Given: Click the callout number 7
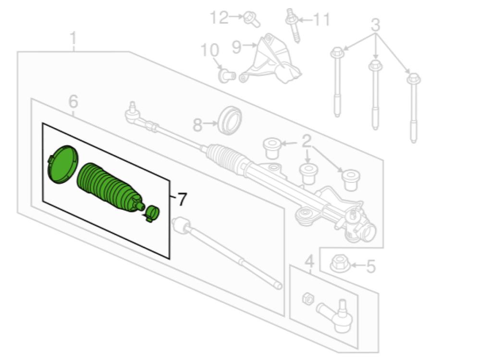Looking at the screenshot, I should pos(181,199).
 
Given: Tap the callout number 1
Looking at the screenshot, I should pos(73,38).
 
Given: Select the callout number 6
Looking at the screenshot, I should pos(73,102).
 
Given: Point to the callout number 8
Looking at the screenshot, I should pos(197,125).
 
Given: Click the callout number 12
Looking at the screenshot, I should pos(219,18).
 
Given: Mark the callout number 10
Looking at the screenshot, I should pos(210,50).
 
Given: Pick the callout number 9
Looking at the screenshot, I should pos(237,47).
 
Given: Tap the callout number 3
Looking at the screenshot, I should pos(375,24).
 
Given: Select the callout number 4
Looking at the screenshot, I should pos(309,262).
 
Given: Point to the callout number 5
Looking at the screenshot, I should pos(370,266).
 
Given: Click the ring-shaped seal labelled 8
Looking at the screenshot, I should pos(230,120).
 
